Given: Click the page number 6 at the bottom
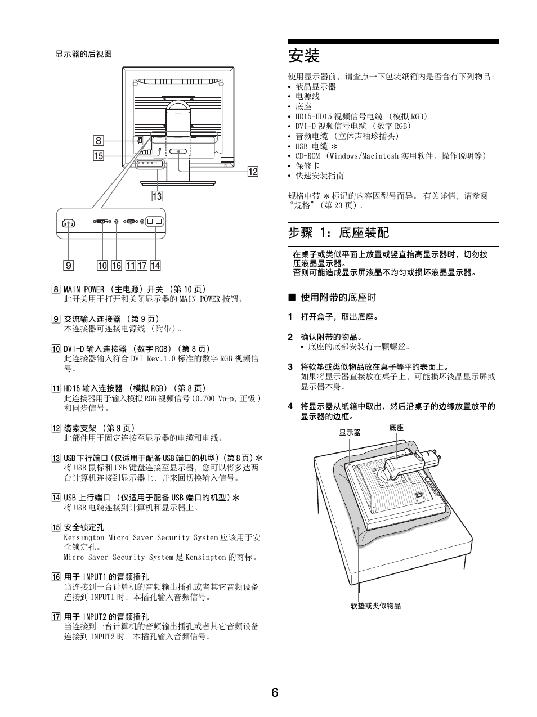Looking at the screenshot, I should coord(275,692).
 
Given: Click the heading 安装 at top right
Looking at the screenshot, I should coord(304,56).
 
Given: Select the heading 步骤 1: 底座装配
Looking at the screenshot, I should coord(338,232).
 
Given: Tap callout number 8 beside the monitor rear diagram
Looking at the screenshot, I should coord(99,141).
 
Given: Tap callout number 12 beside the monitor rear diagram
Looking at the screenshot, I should coord(253,172).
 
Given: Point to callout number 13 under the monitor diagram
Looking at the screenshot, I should coord(156,196).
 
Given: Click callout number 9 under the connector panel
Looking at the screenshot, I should coord(69,266).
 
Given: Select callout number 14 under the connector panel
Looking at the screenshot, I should coord(155,266).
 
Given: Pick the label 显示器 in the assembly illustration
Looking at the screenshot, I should coord(350,433).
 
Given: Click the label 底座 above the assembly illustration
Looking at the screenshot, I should coord(396,428).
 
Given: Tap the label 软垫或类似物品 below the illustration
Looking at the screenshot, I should coord(375,606).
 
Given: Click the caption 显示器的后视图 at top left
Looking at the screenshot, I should coord(83,54).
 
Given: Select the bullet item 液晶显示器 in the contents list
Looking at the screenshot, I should coord(316,87).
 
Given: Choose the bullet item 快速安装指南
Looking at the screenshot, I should coord(320,176).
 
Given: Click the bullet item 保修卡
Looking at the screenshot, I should coord(307,165).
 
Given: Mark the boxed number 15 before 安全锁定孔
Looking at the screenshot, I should coord(56,527).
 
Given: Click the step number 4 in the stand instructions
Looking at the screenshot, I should coord(290,406).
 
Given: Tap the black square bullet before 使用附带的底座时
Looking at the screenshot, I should coord(292,297).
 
